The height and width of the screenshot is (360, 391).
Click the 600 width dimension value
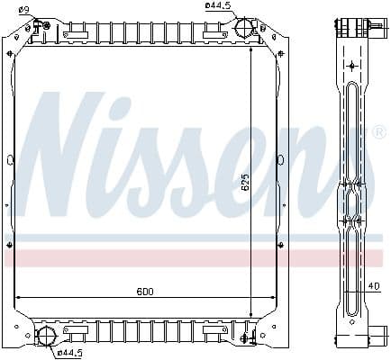click(144, 291)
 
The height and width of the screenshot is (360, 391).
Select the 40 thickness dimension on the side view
click(373, 286)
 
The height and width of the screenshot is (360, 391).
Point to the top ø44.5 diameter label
click(218, 6)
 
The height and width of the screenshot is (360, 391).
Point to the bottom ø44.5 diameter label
click(71, 352)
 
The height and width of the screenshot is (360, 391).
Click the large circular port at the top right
click(243, 28)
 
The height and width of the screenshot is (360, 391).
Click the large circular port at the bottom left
click(45, 337)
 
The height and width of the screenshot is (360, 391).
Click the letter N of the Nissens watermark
click(68, 144)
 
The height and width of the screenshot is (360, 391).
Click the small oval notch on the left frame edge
click(10, 160)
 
